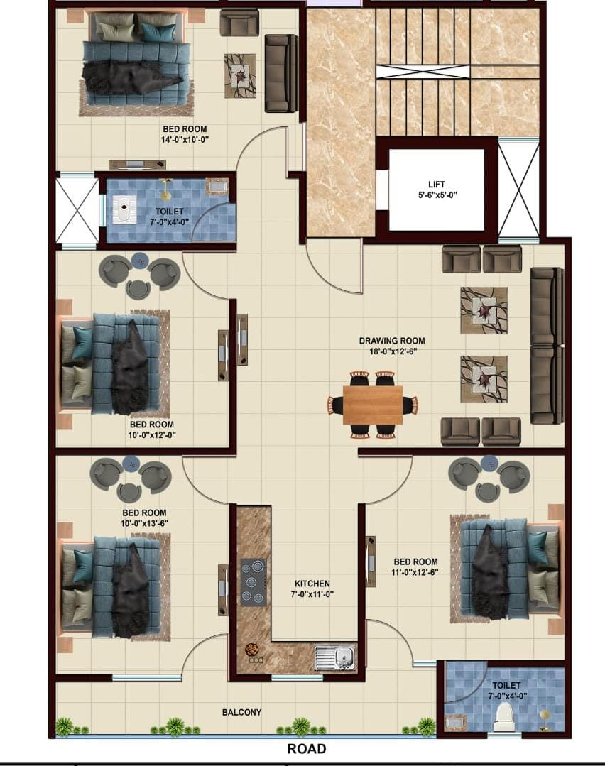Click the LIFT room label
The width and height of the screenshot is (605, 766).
tap(437, 184)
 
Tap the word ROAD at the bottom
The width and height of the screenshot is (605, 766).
tap(307, 748)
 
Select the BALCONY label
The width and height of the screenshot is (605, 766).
tap(241, 712)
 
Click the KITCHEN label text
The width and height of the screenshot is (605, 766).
tap(312, 584)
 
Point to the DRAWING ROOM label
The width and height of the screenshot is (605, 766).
tap(392, 341)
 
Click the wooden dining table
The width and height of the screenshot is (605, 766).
tap(373, 405)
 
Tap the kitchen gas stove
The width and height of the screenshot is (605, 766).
tap(254, 582)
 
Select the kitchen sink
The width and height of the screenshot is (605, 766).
tap(334, 657)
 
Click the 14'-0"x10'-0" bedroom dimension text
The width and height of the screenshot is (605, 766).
tap(185, 140)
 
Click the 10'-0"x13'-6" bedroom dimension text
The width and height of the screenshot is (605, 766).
tap(145, 523)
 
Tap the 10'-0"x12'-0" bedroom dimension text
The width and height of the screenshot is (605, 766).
tap(152, 434)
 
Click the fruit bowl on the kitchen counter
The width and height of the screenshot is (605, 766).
tap(252, 650)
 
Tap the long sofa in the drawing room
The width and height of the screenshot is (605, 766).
tap(547, 345)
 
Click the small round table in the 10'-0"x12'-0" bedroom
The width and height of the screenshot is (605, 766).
tap(139, 261)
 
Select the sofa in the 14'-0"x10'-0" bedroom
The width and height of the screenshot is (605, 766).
tap(281, 73)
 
